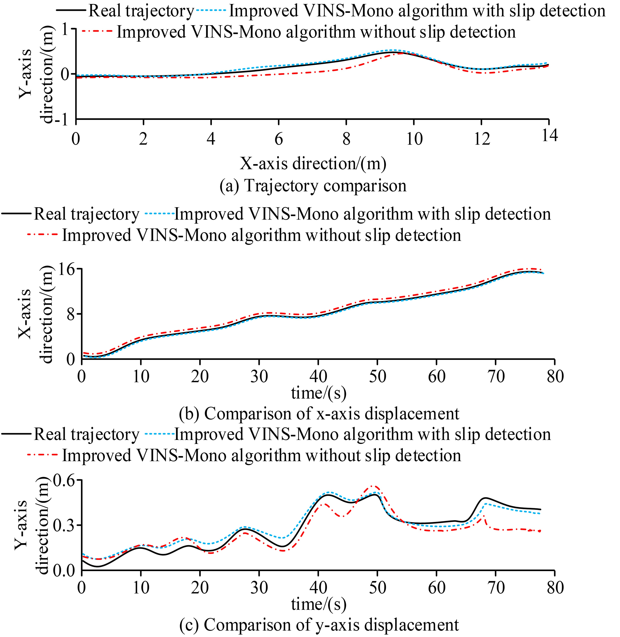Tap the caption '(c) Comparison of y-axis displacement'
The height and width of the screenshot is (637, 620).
pyautogui.click(x=319, y=625)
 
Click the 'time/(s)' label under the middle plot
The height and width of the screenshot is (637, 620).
pyautogui.click(x=319, y=393)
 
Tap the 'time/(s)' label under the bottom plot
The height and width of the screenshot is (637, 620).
pyautogui.click(x=319, y=604)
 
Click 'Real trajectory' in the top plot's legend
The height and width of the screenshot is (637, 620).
pyautogui.click(x=141, y=11)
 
